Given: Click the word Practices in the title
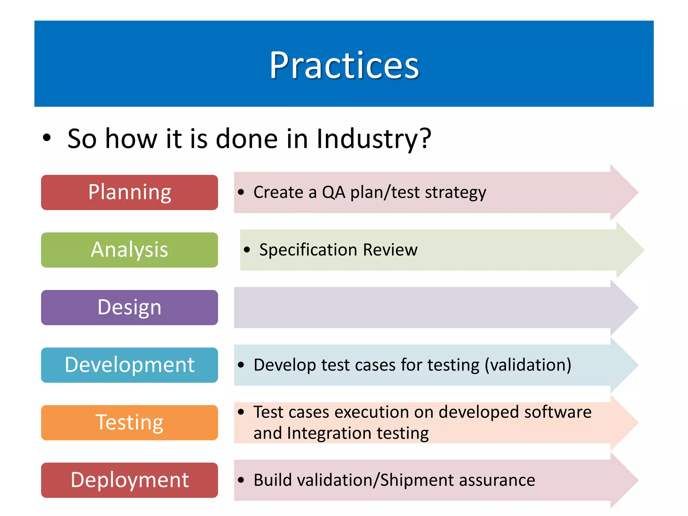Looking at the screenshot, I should [344, 65].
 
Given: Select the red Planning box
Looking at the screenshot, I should [129, 192].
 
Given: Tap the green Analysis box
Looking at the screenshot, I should [129, 250].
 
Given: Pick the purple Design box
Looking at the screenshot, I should [129, 307].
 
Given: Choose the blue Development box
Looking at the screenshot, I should [129, 365].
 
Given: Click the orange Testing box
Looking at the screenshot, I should [129, 422].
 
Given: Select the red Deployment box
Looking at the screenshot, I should [129, 480].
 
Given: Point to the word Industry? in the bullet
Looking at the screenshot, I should [374, 139].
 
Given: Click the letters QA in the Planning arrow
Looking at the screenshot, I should [333, 192].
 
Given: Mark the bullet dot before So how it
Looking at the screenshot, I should [47, 138].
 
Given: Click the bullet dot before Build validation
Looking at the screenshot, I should [241, 480].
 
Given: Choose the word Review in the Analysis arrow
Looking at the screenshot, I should [390, 250].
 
